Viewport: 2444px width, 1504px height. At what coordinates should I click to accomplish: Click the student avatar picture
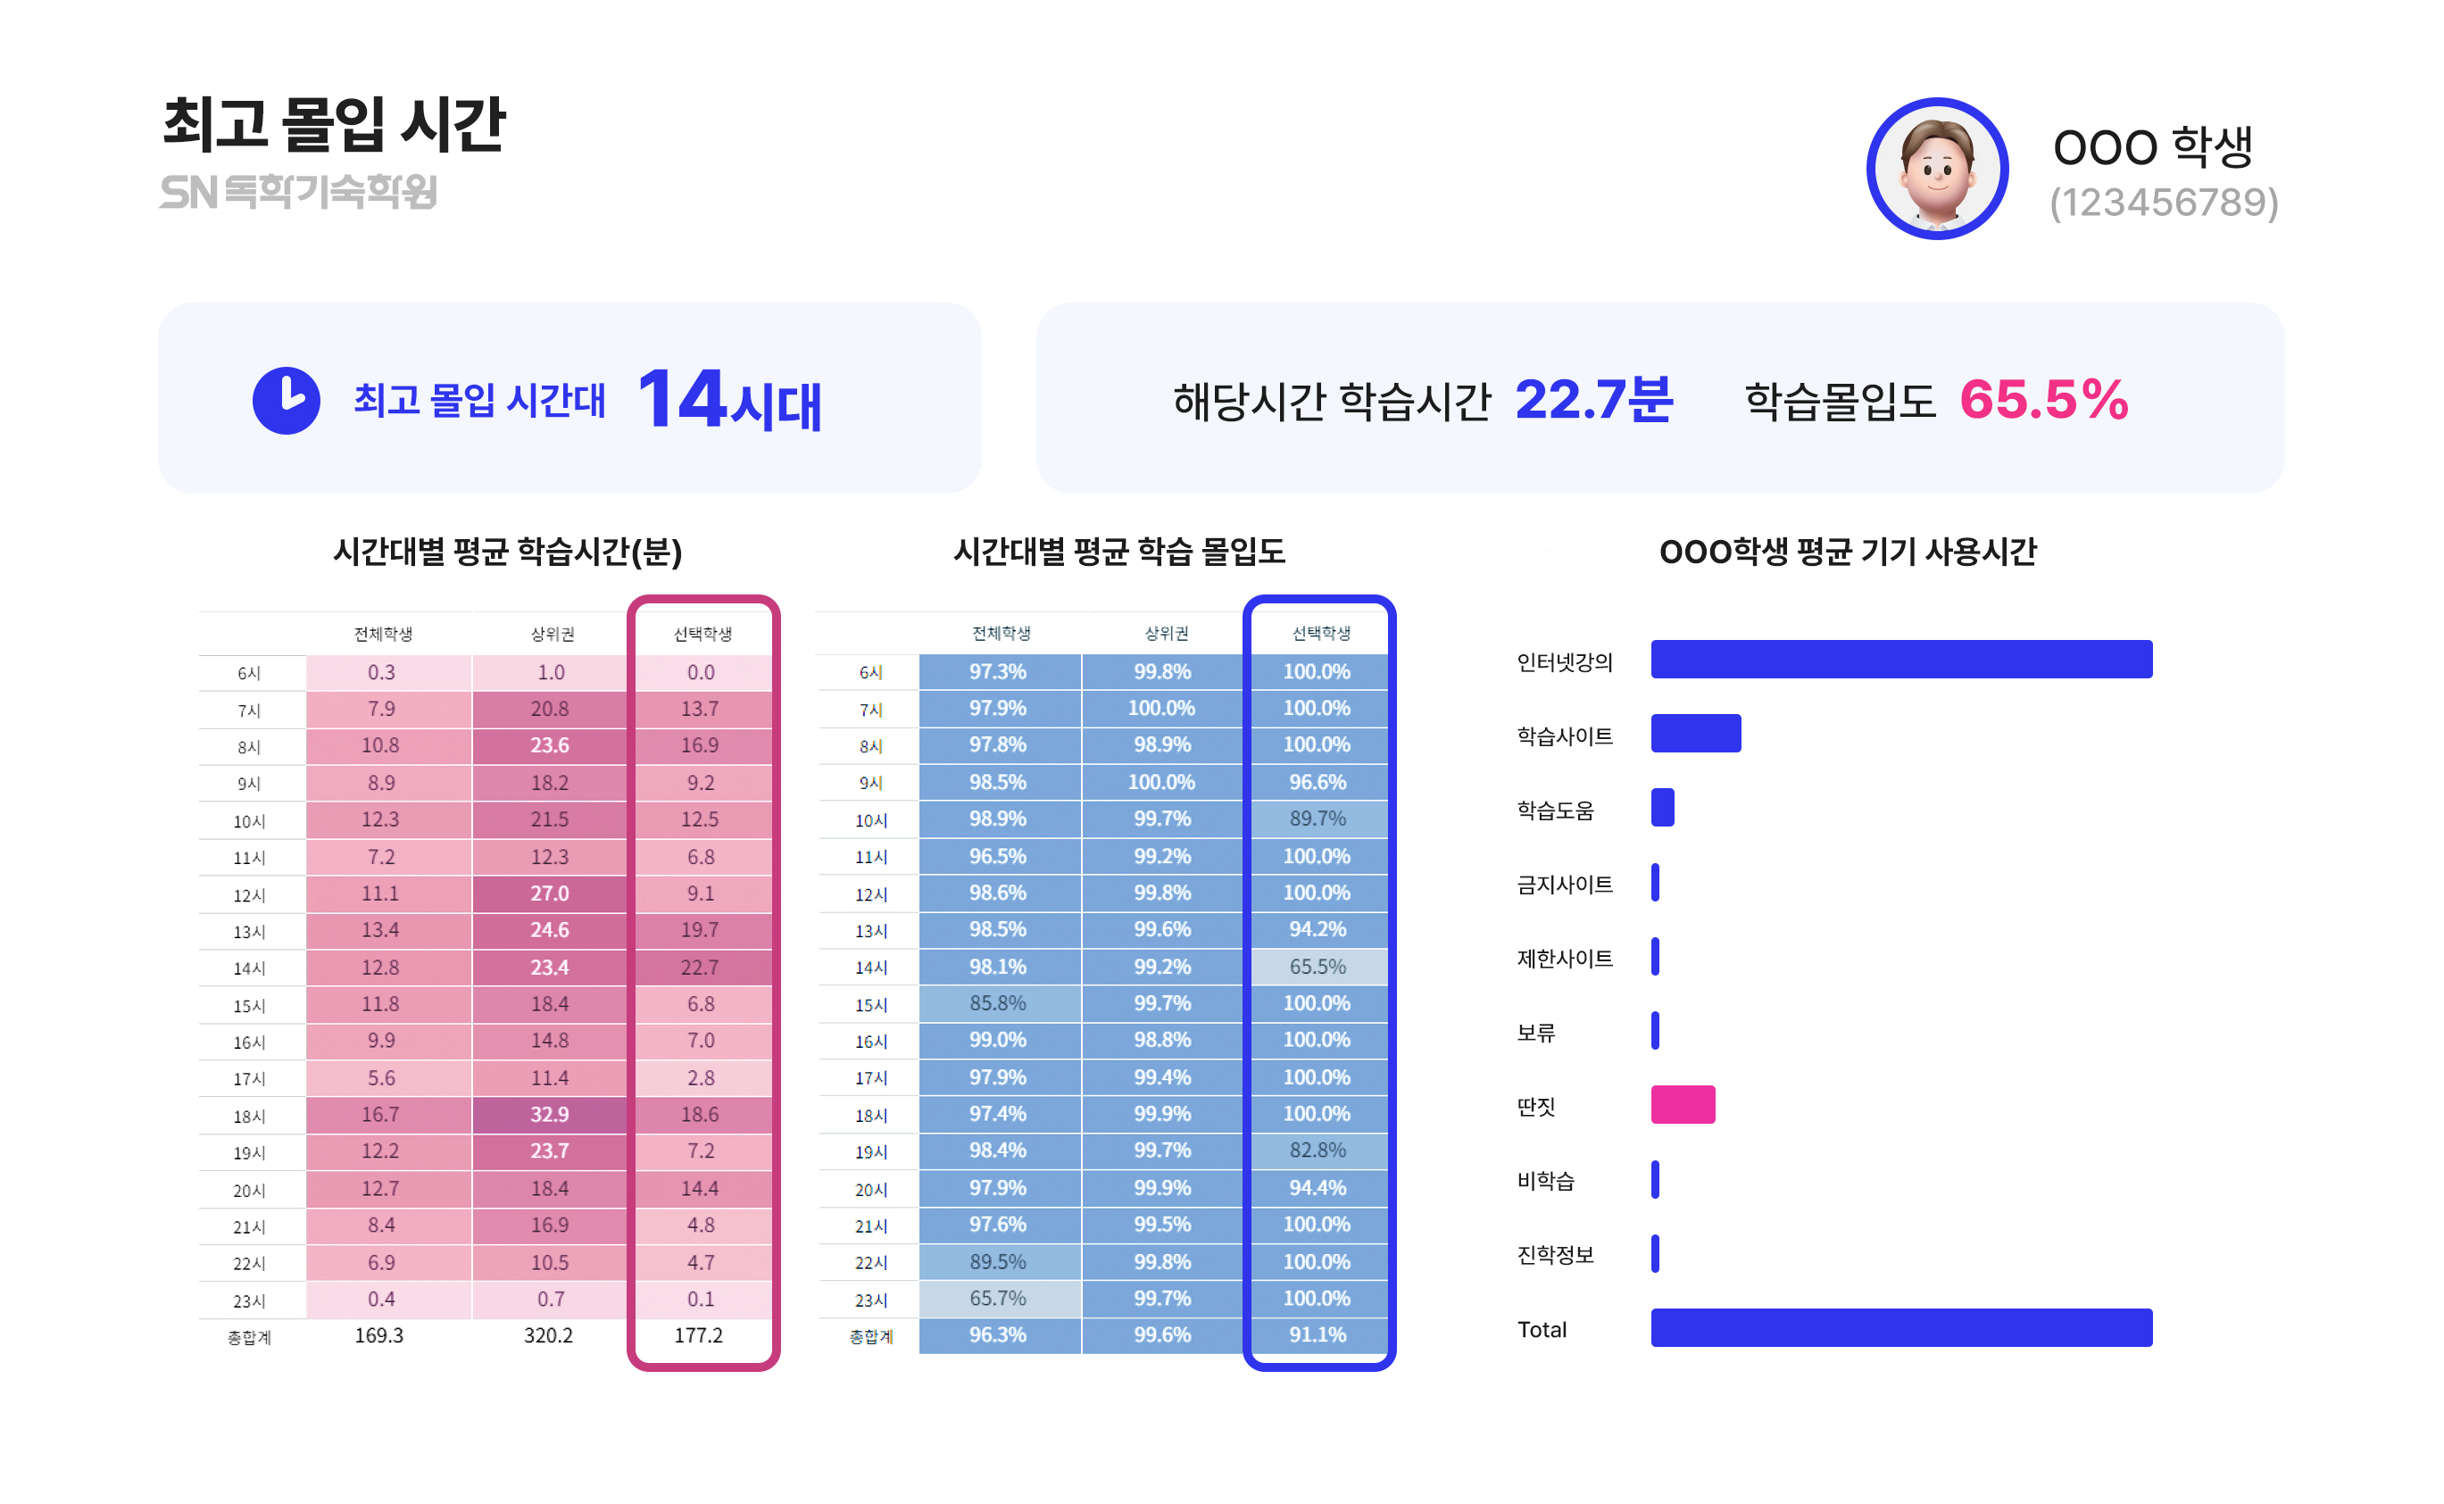1936,169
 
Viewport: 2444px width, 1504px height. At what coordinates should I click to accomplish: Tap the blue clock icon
286,400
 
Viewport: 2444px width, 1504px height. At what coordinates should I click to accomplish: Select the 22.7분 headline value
1592,400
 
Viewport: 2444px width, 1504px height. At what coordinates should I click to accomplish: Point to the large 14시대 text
729,400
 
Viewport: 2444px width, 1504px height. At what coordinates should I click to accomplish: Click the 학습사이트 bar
1695,733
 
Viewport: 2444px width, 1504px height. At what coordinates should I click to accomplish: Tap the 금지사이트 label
1564,885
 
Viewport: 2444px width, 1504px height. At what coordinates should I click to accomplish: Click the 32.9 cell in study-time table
549,1114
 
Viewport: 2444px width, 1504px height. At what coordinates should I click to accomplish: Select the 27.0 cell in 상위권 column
549,893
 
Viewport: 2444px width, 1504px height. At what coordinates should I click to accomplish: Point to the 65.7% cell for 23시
998,1298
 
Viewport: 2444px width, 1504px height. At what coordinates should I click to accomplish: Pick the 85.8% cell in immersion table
998,1002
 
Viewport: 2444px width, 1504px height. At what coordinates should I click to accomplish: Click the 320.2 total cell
548,1335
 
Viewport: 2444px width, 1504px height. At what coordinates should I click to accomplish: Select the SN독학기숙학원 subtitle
298,192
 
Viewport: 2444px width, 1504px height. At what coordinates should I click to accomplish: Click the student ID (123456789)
2163,202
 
